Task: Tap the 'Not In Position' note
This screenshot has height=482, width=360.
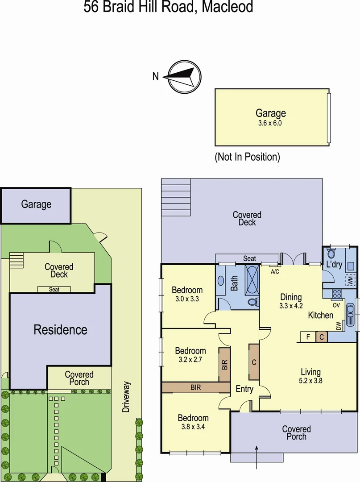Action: (247, 157)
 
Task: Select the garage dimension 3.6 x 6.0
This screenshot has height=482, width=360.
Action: (270, 123)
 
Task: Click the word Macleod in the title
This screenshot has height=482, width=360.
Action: (228, 7)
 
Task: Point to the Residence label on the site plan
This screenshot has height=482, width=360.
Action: (60, 330)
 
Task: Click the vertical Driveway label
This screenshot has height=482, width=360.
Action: (127, 396)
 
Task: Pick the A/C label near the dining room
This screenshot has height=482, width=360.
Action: (275, 271)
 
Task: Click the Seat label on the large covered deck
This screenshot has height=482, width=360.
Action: (249, 258)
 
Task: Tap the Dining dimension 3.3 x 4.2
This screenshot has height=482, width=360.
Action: (290, 306)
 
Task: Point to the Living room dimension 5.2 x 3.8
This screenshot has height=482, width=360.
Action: (310, 381)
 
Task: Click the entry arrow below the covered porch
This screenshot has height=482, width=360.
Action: (257, 456)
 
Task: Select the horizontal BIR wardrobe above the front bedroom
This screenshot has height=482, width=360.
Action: (195, 387)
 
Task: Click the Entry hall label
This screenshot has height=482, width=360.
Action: (244, 389)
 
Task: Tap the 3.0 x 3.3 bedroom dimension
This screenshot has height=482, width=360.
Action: (187, 299)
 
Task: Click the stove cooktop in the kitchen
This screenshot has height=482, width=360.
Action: (336, 294)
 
